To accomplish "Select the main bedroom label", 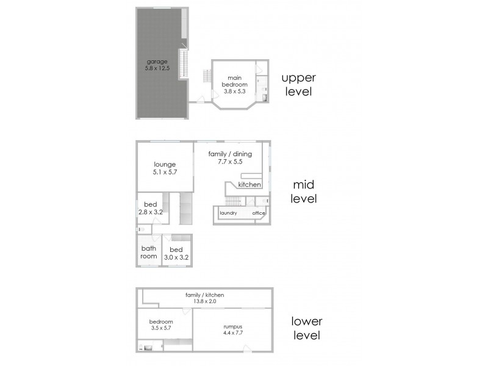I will point(235,81).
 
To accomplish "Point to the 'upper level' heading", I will point(298,85).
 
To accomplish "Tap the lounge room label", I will point(165,164).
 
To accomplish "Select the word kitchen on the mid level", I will point(249,184).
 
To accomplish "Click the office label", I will point(259,213).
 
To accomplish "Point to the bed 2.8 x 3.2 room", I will point(149,208).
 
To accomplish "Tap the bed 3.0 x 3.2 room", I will point(176,254).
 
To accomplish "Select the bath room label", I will point(149,252).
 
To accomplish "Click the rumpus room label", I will point(232,326).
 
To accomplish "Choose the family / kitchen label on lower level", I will point(204,295).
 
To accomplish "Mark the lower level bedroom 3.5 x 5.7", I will point(162,325).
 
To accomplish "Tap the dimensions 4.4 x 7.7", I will point(232,333).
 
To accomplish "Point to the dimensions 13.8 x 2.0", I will point(204,301).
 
